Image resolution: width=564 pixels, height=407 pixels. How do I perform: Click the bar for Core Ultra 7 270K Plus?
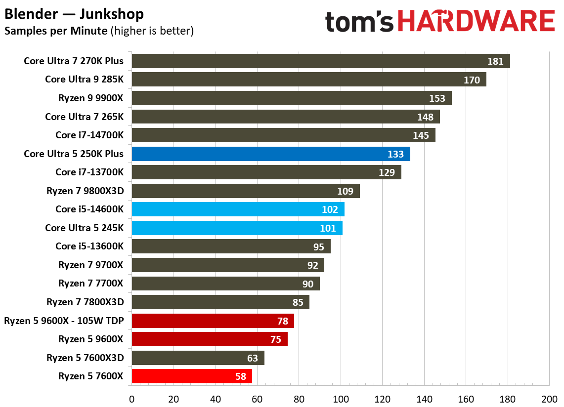coord(320,61)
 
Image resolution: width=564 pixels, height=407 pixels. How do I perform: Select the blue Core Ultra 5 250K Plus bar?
coord(270,154)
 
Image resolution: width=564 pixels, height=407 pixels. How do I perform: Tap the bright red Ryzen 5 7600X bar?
coord(192,376)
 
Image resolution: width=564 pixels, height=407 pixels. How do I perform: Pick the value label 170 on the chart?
coord(472,80)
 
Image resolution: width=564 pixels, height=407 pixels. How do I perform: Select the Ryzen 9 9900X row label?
coord(90,98)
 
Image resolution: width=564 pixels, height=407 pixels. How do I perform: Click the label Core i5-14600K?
coord(89,209)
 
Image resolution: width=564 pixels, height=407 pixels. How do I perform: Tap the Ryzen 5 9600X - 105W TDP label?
coord(64,321)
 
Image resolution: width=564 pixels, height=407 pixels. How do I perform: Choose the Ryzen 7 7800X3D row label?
coord(85,302)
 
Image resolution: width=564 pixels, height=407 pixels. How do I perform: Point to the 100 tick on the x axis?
coord(340,398)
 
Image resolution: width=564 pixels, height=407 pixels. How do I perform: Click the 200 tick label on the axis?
coord(549,398)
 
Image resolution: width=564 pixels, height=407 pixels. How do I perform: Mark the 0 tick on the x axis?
coord(131,398)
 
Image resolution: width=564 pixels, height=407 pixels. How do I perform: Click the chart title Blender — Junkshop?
coord(74,14)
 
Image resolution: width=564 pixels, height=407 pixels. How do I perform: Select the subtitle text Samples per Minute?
coord(55,31)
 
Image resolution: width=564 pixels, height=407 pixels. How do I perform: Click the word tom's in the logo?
coord(360,23)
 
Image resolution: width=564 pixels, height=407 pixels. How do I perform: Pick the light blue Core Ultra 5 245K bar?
coord(237,228)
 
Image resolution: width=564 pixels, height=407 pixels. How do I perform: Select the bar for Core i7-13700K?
coord(266,172)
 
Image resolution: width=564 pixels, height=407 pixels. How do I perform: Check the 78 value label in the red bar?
coord(282,321)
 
